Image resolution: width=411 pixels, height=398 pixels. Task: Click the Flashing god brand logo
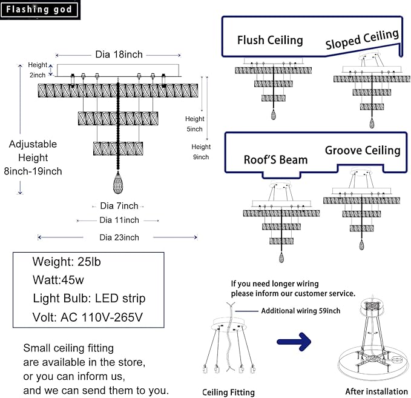41,10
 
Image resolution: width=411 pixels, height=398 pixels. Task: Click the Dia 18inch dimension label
119,55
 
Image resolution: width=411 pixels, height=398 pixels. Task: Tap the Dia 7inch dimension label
119,206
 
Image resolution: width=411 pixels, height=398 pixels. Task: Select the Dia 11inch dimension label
119,220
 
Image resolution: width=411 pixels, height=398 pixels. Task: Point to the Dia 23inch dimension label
119,237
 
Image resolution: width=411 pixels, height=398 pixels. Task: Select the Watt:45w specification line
58,280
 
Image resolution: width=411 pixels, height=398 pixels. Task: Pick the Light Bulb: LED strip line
89,299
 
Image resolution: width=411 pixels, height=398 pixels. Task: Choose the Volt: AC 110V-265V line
89,317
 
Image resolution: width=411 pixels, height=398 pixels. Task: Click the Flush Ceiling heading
270,41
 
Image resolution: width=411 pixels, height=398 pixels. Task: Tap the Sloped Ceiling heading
362,40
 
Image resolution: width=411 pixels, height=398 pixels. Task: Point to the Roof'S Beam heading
275,160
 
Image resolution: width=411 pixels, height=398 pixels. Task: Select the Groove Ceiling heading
363,150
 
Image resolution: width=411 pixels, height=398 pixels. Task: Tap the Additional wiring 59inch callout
301,311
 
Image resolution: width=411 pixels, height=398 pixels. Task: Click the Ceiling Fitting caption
228,392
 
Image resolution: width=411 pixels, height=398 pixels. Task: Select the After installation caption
376,392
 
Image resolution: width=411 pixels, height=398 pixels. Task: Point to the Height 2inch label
38,70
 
